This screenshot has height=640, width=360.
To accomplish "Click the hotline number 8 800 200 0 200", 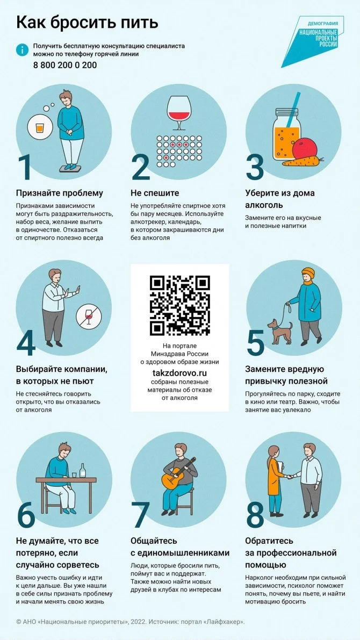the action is click(65, 65).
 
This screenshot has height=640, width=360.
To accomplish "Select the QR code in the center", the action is click(179, 305).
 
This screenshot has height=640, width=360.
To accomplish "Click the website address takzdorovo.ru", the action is click(179, 372).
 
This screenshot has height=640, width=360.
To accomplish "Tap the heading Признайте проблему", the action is click(60, 193).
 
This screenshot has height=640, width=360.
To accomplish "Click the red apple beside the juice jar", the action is click(305, 149).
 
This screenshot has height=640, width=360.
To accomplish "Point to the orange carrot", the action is click(303, 162).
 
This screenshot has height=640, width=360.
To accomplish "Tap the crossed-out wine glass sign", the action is click(89, 315).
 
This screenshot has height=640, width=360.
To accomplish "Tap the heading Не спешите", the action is click(155, 193).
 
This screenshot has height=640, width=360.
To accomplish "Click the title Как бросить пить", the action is click(87, 23).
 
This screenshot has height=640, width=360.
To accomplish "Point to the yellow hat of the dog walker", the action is click(308, 272).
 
